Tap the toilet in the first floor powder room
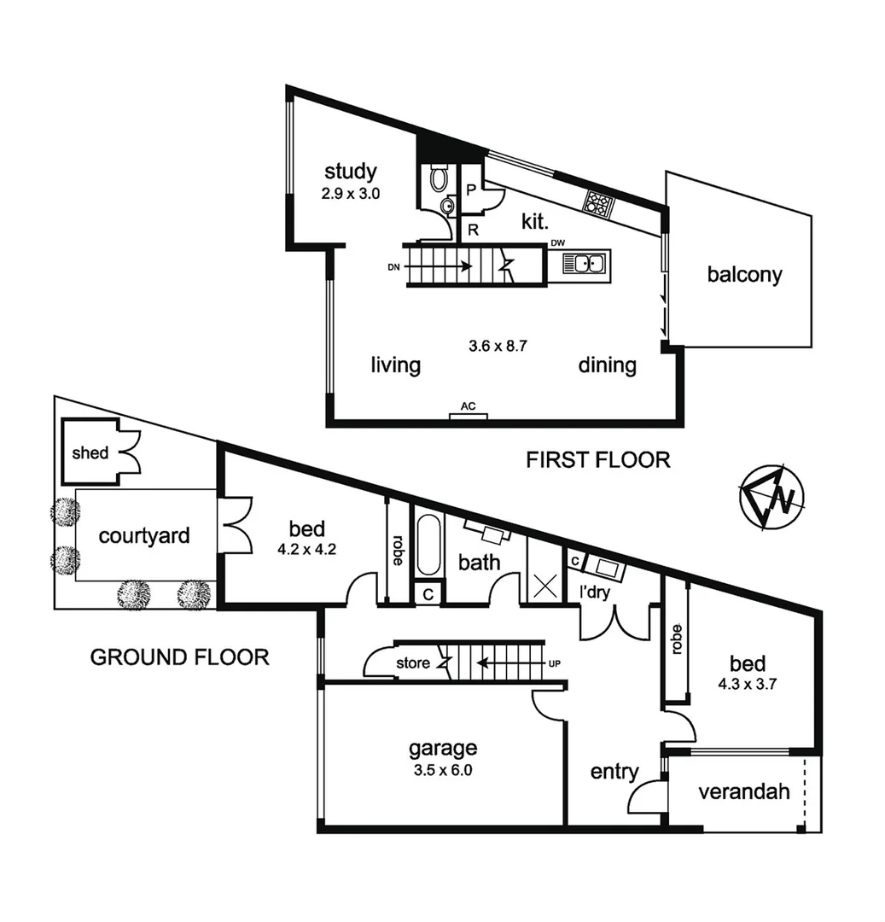tap(439, 178)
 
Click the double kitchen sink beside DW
tap(585, 264)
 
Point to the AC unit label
tap(468, 406)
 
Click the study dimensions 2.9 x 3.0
tap(350, 193)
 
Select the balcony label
tap(744, 275)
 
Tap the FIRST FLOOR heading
tap(597, 460)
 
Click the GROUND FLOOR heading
tap(179, 656)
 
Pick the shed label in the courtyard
tap(90, 452)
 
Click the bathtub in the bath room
tap(428, 546)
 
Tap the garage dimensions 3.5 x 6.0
tap(442, 768)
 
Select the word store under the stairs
tap(413, 662)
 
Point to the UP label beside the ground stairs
tap(555, 662)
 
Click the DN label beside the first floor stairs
tap(393, 266)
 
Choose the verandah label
tap(743, 791)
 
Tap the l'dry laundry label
tap(595, 592)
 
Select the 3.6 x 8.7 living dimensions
tap(498, 347)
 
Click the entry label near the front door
tap(614, 772)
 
